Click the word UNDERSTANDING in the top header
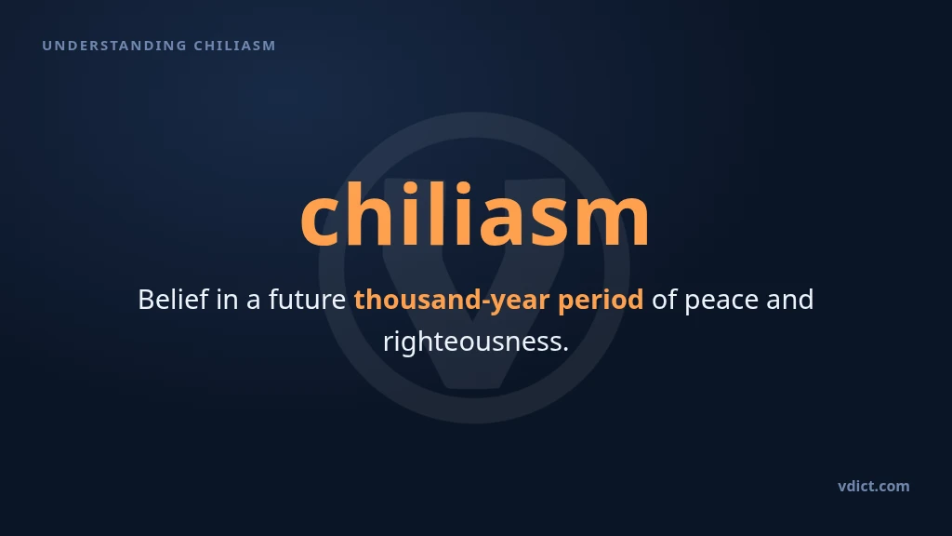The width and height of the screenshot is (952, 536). click(114, 46)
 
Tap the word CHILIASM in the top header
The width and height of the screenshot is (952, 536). click(235, 46)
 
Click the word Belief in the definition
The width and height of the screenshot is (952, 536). click(173, 299)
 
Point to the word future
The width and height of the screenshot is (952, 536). click(307, 300)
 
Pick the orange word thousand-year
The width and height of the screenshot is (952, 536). click(452, 301)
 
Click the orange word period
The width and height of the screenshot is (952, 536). click(601, 301)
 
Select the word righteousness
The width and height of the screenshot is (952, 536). click(476, 342)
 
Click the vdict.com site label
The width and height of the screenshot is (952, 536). click(874, 486)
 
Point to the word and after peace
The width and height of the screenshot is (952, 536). click(790, 300)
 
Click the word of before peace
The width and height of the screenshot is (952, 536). click(664, 300)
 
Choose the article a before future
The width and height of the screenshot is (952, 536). click(253, 302)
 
